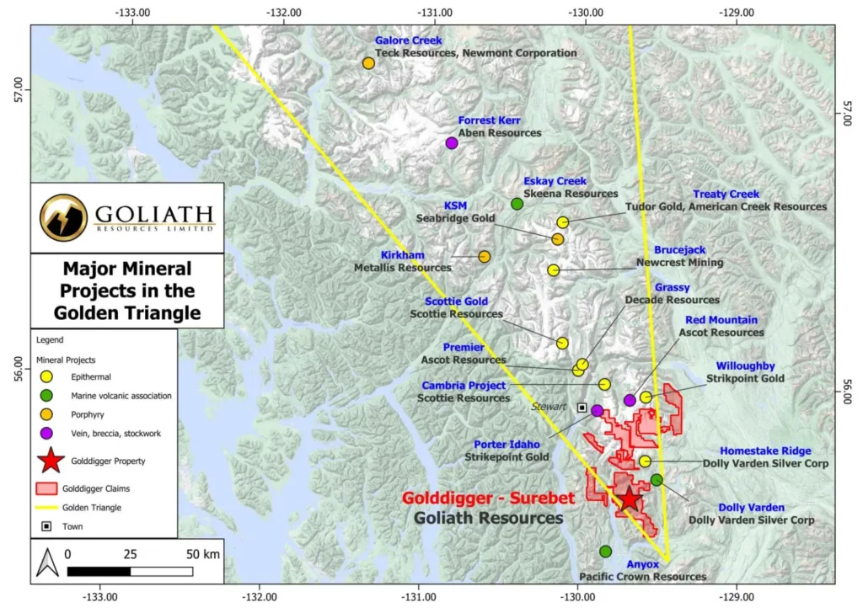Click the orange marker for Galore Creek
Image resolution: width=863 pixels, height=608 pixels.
[x=368, y=63]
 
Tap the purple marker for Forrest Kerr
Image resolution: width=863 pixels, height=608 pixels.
[x=452, y=143]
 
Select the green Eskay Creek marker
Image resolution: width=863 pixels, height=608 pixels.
[x=517, y=204]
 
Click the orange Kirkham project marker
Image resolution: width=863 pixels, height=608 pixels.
[x=485, y=257]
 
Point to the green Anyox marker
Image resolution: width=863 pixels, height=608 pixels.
[x=605, y=552]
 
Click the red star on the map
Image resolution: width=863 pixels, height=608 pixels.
[x=630, y=499]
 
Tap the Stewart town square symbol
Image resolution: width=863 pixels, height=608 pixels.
[x=582, y=408]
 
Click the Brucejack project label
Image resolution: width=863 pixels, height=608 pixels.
[x=680, y=250]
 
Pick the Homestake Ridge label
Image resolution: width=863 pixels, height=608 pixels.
[x=765, y=451]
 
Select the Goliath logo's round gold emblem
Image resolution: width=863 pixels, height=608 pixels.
[x=63, y=216]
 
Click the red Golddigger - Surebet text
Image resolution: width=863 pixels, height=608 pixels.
[x=488, y=499]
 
